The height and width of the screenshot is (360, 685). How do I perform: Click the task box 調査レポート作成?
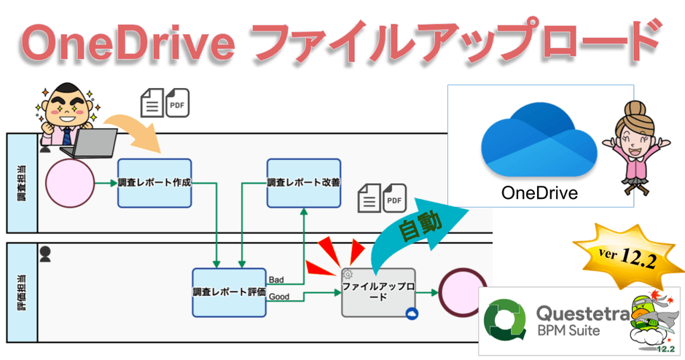(154, 183)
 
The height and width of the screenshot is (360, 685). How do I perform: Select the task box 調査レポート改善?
(303, 183)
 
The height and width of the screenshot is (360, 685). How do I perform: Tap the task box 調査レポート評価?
(229, 292)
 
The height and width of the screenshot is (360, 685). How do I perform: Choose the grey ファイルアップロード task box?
(379, 292)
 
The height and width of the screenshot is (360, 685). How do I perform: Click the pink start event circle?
(70, 183)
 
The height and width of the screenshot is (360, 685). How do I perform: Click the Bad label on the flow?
(277, 280)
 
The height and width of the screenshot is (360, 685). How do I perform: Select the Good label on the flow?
(279, 297)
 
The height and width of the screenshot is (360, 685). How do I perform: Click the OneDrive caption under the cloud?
(539, 193)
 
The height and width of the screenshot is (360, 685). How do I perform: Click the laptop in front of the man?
(87, 142)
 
